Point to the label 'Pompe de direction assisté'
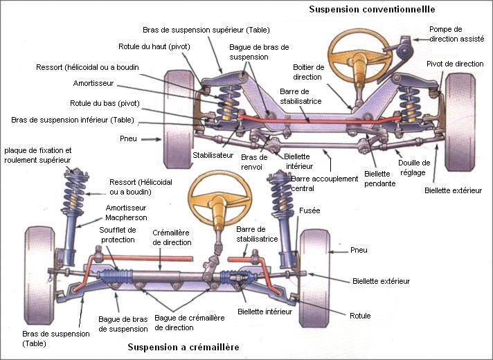point(456,33)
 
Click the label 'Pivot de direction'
point(454,64)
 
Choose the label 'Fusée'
point(310,210)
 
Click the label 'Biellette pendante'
point(379,179)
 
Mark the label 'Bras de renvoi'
point(253,161)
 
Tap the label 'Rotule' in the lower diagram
point(360,316)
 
